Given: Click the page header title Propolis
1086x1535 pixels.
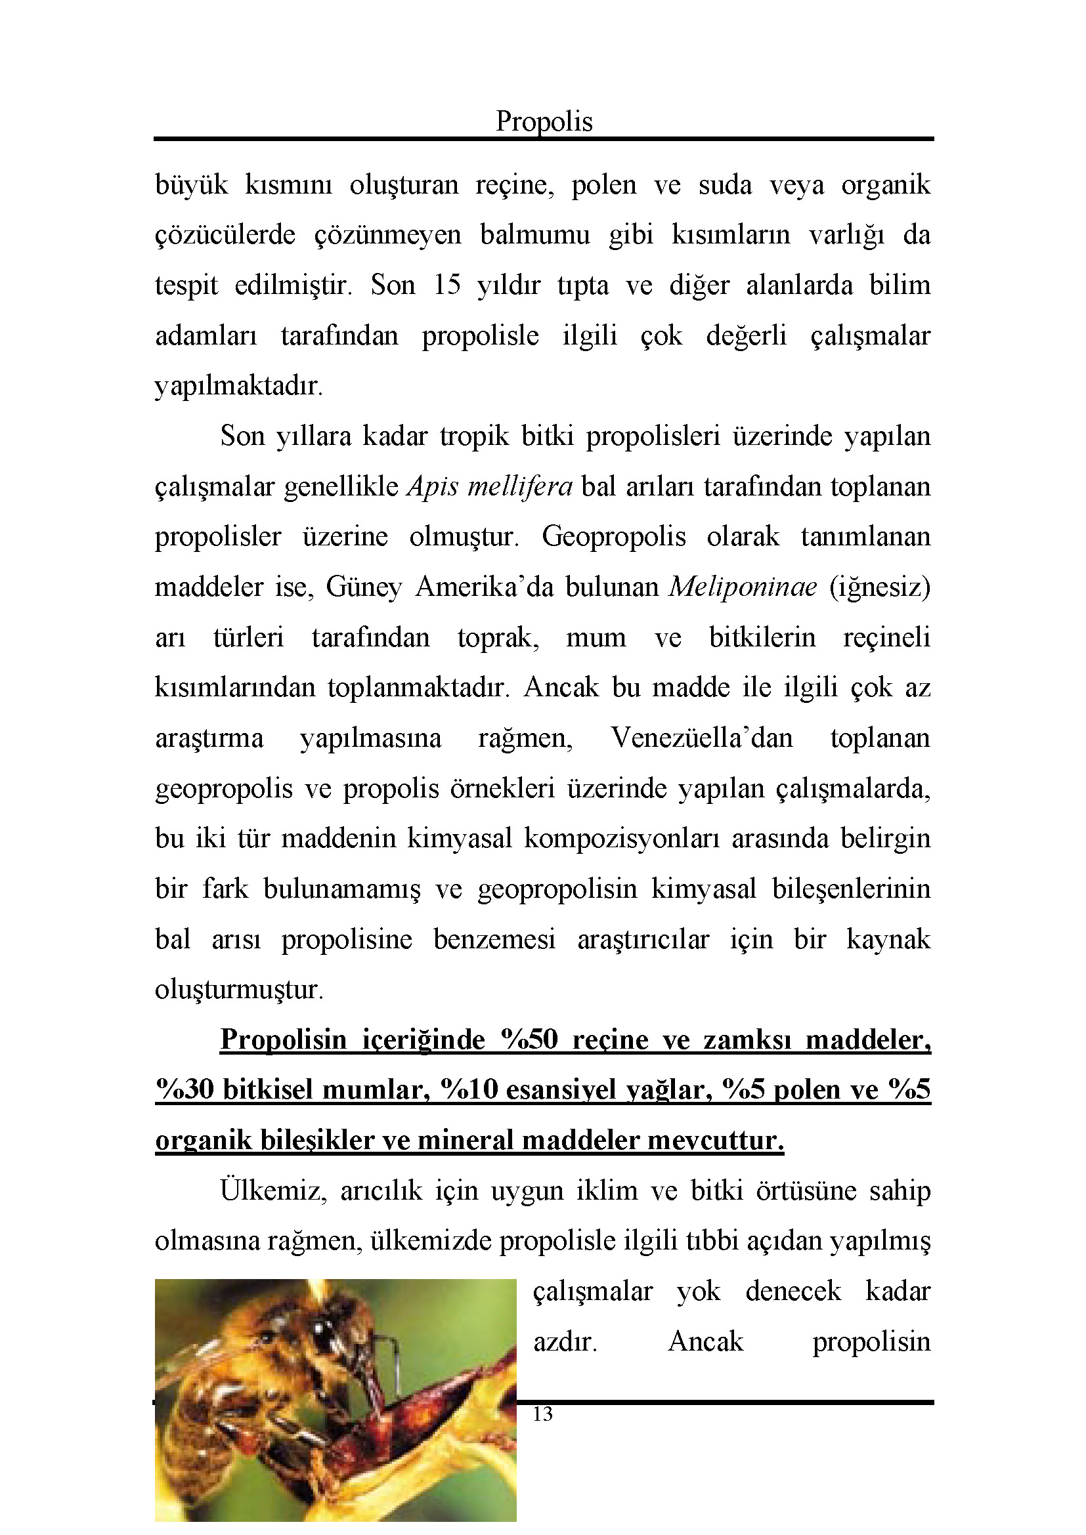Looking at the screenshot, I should pos(544,121).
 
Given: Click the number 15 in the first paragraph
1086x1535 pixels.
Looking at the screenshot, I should pos(446,285).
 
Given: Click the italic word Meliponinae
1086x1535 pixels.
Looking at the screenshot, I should pos(743,587).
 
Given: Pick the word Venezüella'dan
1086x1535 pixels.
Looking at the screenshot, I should pos(701,738).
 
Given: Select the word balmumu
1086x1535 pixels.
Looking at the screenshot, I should pos(534,235).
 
